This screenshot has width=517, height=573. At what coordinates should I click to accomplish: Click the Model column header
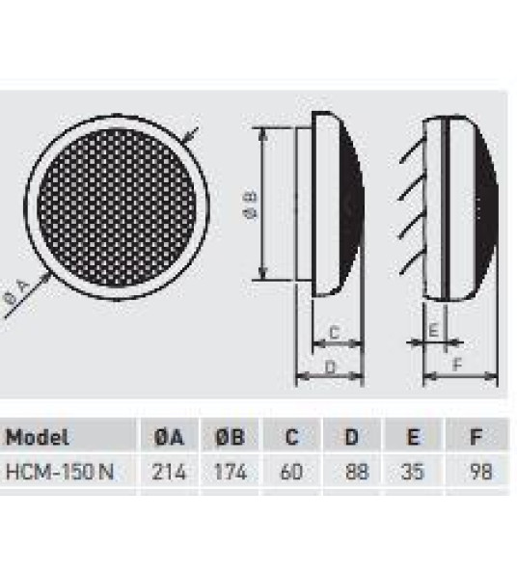click(38, 438)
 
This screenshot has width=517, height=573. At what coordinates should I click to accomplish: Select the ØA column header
click(169, 438)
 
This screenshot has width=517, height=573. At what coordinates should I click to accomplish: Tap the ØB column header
click(230, 438)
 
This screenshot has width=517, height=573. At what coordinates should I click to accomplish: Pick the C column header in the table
click(291, 438)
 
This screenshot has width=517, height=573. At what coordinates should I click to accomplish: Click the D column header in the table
click(352, 438)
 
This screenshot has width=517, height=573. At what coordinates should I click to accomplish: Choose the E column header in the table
click(413, 438)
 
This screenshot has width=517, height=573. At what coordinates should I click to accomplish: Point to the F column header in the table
click(476, 438)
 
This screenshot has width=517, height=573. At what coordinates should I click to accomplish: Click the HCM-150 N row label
click(58, 473)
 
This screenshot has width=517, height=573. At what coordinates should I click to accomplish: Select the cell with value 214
click(169, 473)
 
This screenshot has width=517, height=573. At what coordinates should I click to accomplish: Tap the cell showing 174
click(230, 473)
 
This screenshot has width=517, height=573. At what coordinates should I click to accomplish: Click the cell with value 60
click(291, 473)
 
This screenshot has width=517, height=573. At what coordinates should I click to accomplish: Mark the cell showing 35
click(413, 473)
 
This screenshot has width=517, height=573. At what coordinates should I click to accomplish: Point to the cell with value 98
click(477, 473)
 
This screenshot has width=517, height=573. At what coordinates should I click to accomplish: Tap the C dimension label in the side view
click(334, 332)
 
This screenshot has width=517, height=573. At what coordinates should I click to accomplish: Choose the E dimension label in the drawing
click(433, 330)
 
